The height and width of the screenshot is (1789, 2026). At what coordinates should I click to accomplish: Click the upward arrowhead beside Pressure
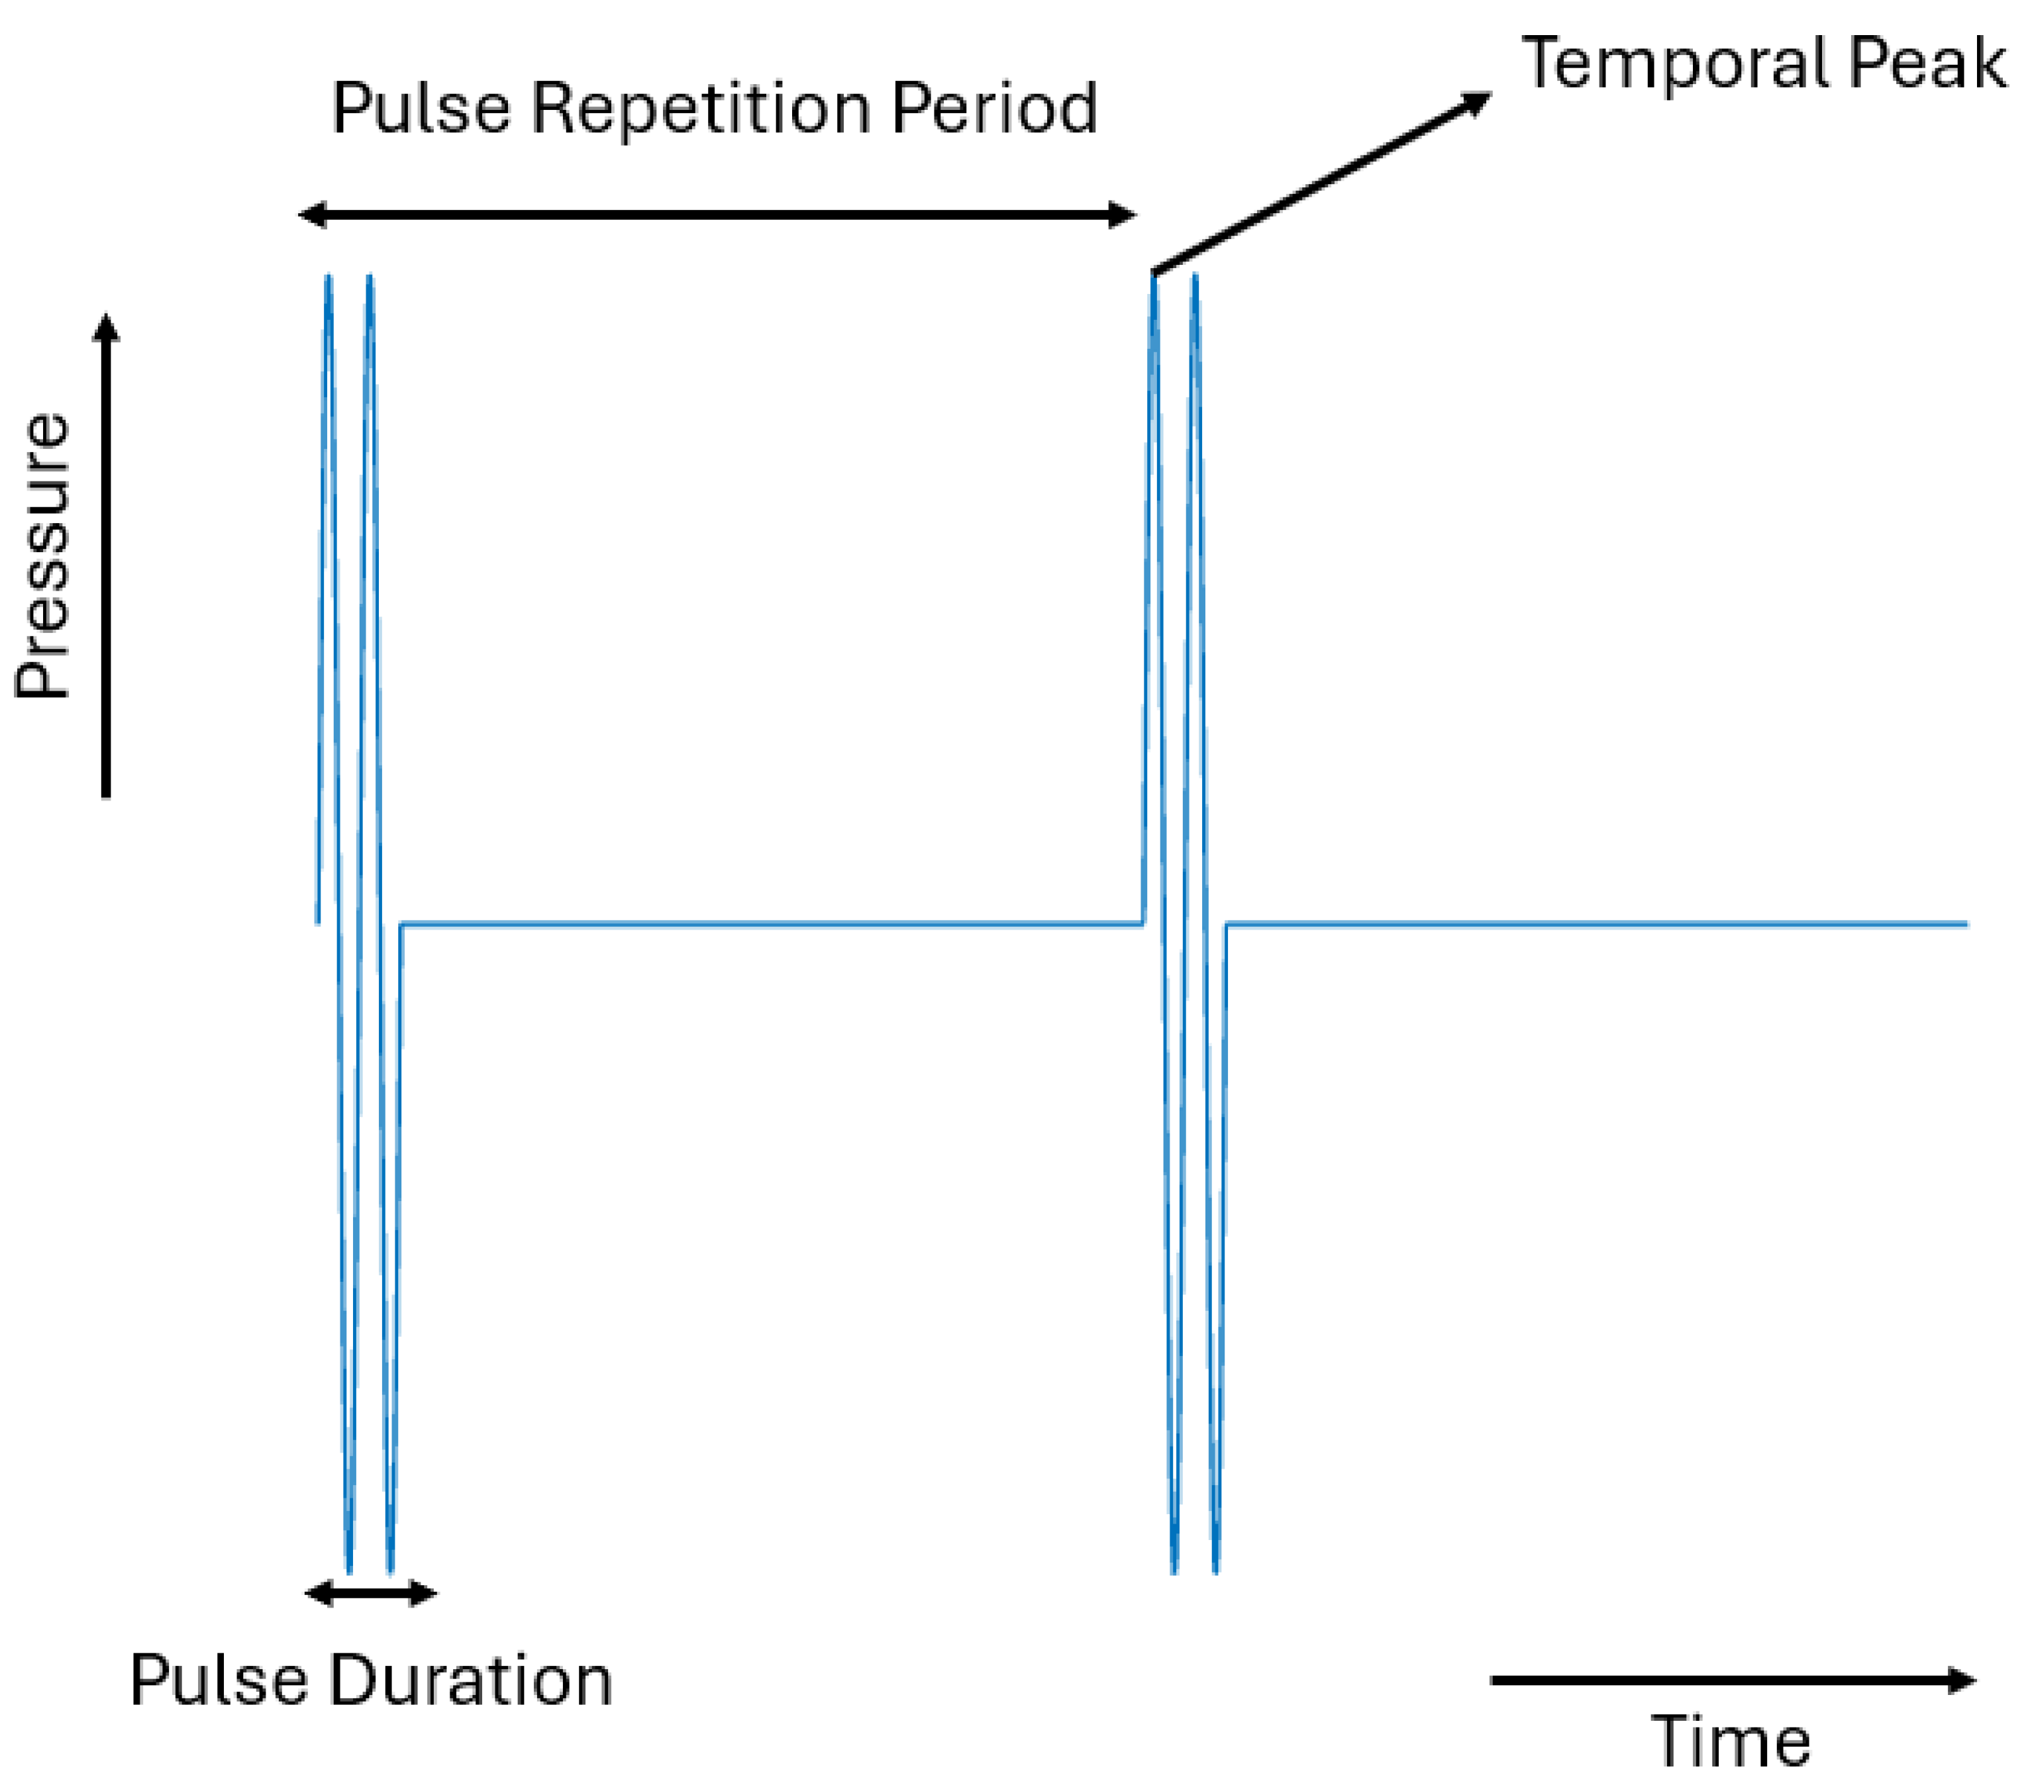pos(106,327)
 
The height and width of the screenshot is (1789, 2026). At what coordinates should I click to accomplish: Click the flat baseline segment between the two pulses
pos(773,924)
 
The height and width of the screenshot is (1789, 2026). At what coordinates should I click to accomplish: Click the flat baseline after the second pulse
pos(1586,924)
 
